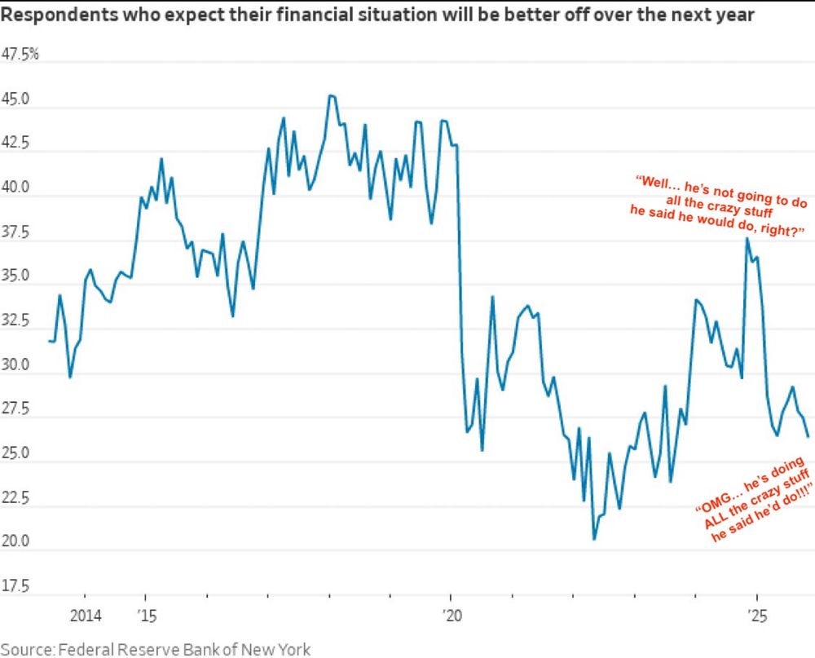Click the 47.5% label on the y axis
pos(22,55)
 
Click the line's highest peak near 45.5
pos(330,95)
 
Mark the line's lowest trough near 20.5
pos(594,539)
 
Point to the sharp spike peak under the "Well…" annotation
pos(746,238)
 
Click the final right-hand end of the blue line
pos(808,436)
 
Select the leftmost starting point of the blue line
pos(50,341)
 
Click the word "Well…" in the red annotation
pos(656,181)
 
